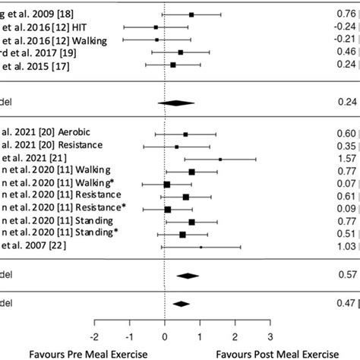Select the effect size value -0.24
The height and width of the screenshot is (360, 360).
click(x=346, y=27)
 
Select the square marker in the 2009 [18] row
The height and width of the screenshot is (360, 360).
click(x=191, y=14)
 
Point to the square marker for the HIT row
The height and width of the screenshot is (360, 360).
click(x=156, y=27)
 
